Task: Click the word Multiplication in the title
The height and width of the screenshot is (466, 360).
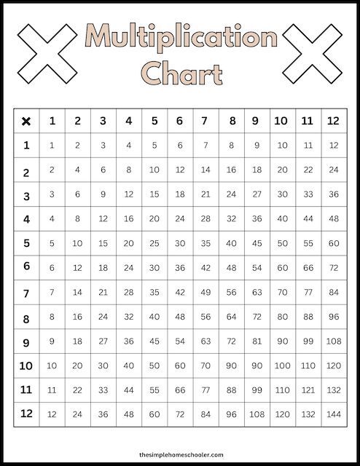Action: (x=180, y=39)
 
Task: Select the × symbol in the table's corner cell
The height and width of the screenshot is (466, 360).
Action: (x=27, y=121)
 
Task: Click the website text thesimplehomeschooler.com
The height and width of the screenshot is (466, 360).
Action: (x=180, y=453)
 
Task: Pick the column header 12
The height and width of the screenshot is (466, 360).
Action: (x=332, y=121)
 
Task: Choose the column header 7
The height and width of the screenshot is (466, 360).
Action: (x=204, y=121)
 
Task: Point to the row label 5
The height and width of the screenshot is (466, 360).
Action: (x=27, y=242)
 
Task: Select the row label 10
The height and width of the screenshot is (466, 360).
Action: (x=27, y=365)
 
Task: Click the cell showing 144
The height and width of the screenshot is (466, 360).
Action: (x=332, y=414)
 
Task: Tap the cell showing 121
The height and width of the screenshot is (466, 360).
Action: (x=307, y=390)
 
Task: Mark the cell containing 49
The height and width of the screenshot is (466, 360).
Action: (x=205, y=292)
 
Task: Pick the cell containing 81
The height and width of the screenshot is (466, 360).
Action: (x=256, y=341)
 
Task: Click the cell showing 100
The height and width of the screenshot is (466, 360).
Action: (x=281, y=365)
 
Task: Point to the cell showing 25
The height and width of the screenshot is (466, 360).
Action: (x=154, y=242)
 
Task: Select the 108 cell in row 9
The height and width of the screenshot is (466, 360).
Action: (x=332, y=341)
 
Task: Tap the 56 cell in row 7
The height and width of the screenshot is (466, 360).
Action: (x=231, y=292)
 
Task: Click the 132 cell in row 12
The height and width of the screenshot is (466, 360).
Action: (x=307, y=414)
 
